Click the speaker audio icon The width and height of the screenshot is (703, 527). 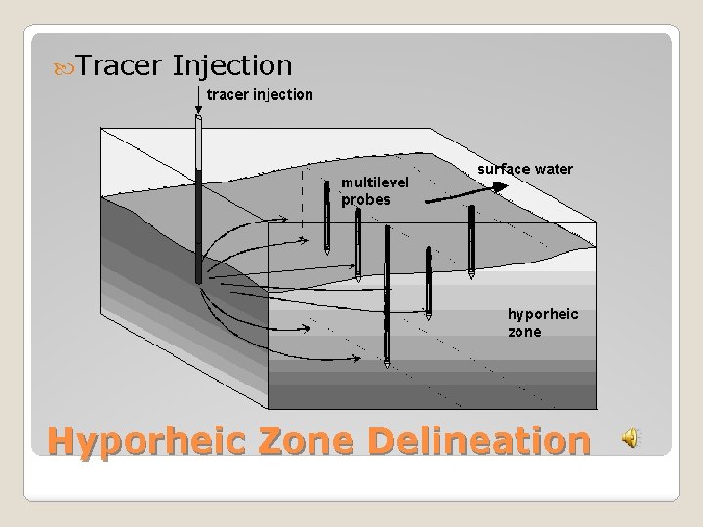[x=632, y=440]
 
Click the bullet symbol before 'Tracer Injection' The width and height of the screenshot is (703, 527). [x=64, y=66]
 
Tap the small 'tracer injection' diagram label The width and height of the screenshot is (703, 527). [x=259, y=95]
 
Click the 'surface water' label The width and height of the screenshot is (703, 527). [x=525, y=169]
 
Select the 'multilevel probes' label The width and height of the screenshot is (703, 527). [x=375, y=190]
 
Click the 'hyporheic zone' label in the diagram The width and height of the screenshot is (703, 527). [x=542, y=322]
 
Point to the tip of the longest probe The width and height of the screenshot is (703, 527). [x=387, y=365]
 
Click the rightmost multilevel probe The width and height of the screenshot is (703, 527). [x=471, y=242]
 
